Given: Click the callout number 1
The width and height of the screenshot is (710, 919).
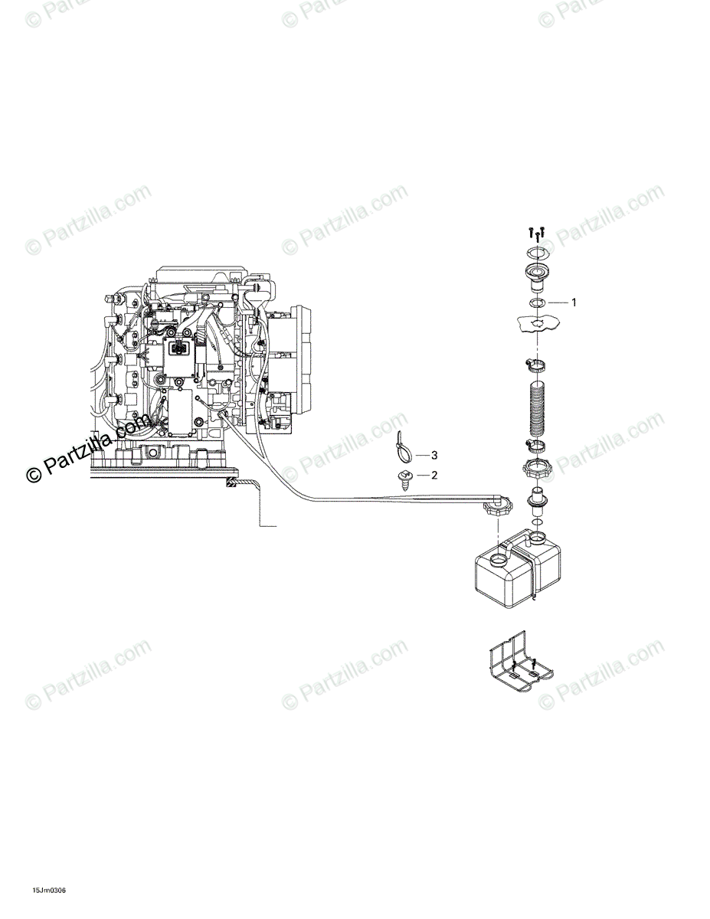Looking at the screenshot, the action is point(574,303).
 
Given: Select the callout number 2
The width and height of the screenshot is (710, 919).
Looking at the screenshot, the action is point(434,476).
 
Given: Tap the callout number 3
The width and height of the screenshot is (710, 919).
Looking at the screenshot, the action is point(434,456).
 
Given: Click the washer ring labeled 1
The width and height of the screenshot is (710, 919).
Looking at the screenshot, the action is point(537,303).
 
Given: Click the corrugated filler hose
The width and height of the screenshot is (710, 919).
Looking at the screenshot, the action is point(535,407).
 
